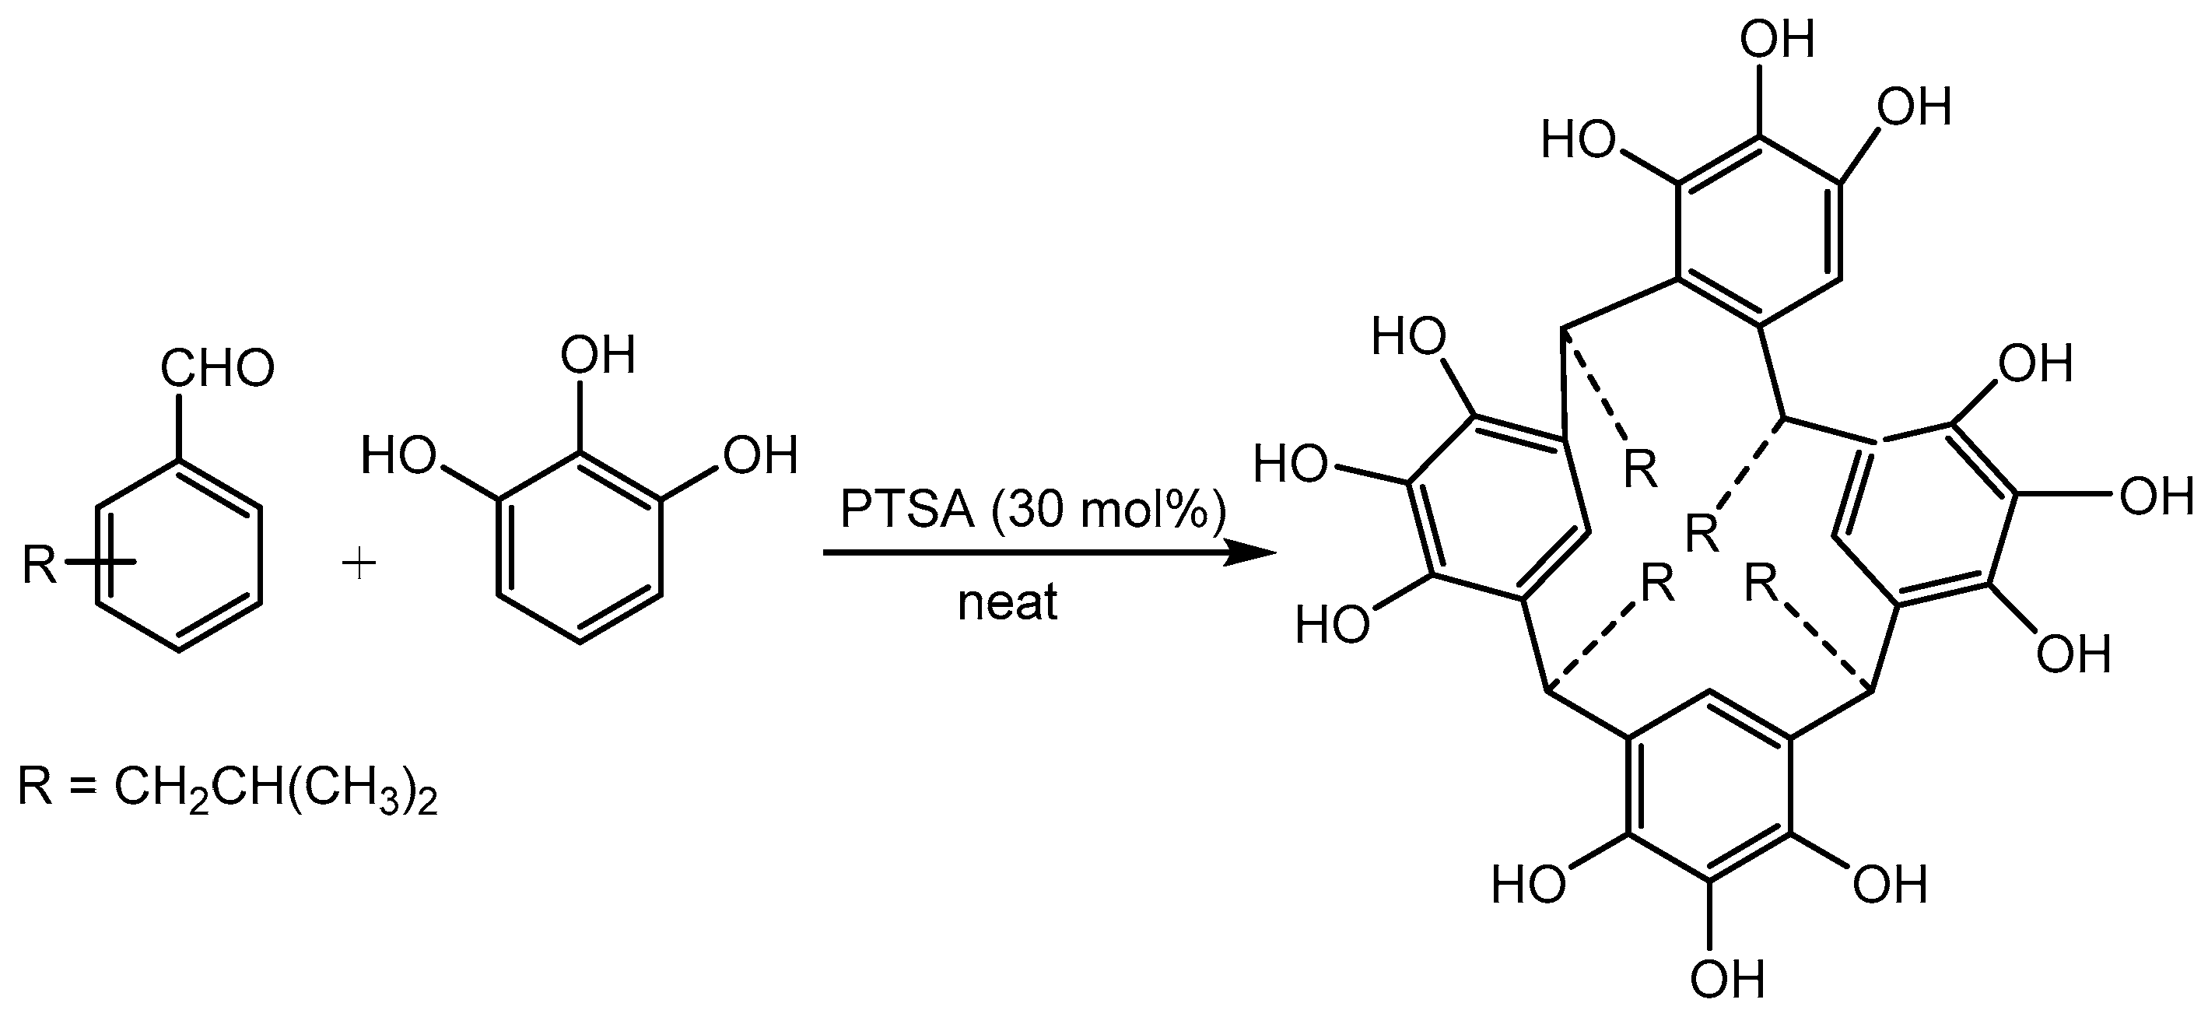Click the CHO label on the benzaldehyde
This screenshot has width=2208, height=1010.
click(217, 369)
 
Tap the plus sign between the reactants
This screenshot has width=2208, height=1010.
click(359, 565)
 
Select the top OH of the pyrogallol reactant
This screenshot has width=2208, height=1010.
click(598, 354)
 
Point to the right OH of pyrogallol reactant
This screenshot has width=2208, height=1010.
click(760, 454)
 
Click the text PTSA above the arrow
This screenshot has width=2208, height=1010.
click(908, 510)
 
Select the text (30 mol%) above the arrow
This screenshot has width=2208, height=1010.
click(1107, 510)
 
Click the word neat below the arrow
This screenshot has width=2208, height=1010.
click(1008, 603)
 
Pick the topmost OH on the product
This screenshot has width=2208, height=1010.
click(1778, 40)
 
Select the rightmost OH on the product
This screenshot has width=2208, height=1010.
click(2155, 496)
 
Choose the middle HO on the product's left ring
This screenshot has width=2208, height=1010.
click(1290, 465)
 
